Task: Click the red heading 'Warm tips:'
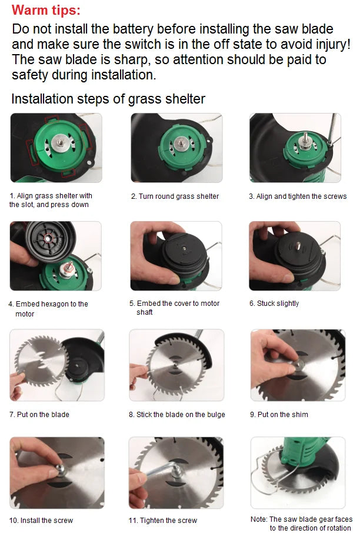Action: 46,10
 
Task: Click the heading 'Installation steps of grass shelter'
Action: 108,99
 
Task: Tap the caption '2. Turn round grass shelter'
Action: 175,196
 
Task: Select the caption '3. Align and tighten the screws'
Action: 298,196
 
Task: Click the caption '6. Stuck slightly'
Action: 274,304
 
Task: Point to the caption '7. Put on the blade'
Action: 39,415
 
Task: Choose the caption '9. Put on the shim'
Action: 279,415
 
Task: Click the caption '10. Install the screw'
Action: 41,521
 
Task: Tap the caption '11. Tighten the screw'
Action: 163,521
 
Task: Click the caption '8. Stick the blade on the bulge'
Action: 177,415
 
